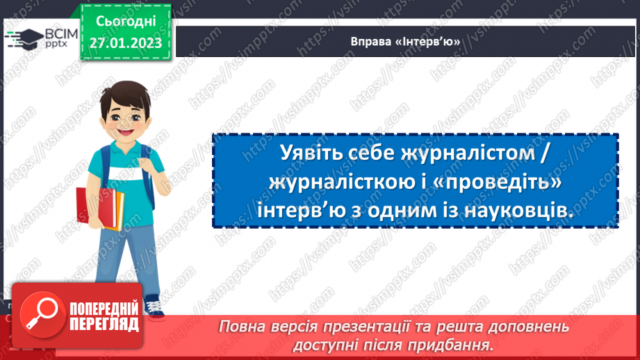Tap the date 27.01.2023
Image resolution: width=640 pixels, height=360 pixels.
pos(125,42)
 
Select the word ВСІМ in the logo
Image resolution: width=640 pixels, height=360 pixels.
pos(60,33)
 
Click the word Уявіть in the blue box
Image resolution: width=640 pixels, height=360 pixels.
pos(315,154)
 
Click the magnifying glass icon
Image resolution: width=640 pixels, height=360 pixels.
pos(40,314)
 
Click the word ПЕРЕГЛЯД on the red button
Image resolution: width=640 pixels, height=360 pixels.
pos(104,325)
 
